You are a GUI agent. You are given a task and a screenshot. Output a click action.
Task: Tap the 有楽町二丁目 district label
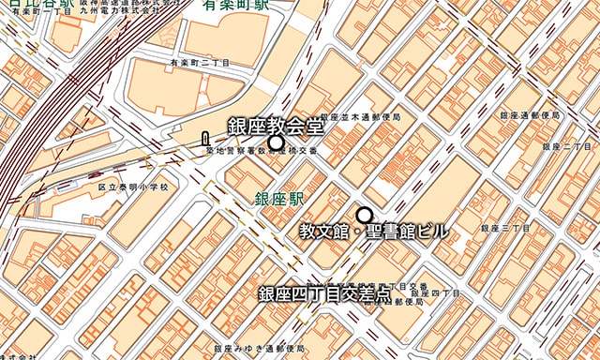pos(199,63)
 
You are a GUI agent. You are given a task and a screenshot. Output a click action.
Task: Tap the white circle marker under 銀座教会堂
pos(276,142)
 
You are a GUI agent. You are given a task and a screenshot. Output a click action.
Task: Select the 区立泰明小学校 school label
pos(133,187)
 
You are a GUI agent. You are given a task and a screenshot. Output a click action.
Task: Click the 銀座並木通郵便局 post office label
pos(360,117)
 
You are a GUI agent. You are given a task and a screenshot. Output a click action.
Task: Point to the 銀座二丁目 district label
pos(566,147)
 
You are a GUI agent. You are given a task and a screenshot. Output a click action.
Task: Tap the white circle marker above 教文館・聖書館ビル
pos(365,215)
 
